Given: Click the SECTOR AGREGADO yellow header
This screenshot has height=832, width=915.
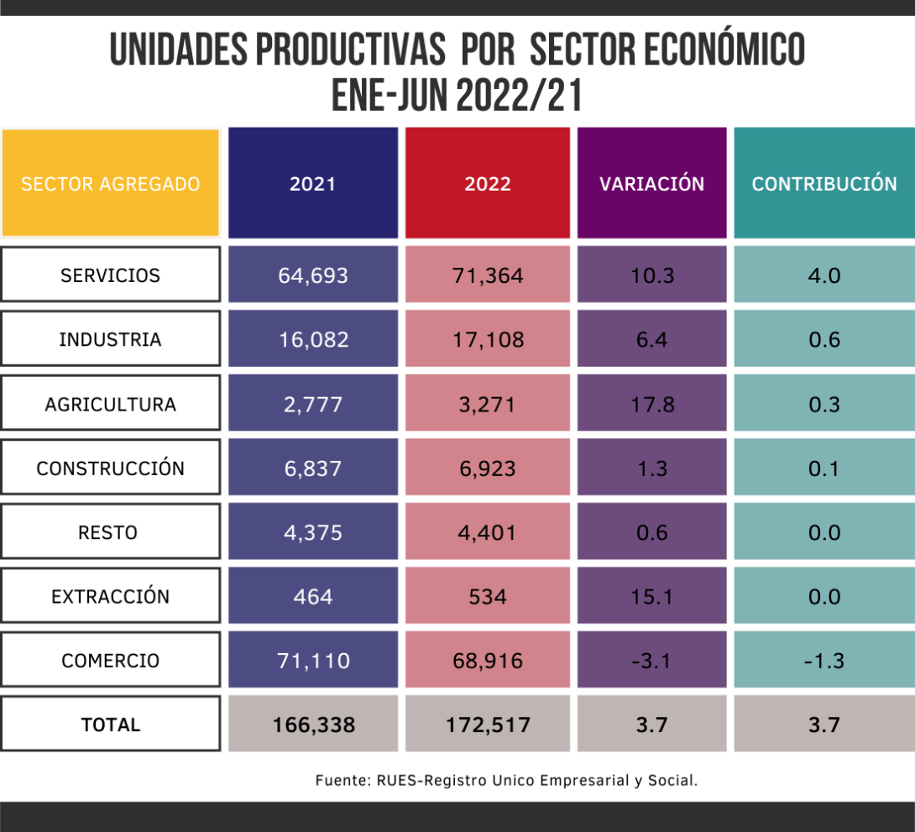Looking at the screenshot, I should tap(110, 183).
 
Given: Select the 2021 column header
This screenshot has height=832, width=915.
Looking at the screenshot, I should tap(312, 183).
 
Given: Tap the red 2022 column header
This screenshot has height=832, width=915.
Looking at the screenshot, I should tap(488, 183).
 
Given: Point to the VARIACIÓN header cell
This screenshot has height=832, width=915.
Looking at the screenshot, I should tap(651, 183).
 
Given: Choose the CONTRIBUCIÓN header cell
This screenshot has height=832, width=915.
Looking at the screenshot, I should tap(823, 183).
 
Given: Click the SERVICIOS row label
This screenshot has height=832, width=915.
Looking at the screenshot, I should tap(110, 275).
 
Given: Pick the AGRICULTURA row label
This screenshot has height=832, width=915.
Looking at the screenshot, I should tap(110, 404).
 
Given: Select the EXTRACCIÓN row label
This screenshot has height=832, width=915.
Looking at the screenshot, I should tap(110, 596).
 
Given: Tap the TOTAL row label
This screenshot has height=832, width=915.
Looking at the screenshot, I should tap(110, 724).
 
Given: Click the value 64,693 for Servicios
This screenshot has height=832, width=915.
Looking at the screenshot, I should tap(312, 275).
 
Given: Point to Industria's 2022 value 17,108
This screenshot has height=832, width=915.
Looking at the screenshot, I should tap(488, 339).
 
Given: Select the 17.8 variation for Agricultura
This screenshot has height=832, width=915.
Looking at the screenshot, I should tap(651, 404).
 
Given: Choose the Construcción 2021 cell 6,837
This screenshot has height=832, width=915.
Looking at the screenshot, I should tap(312, 468).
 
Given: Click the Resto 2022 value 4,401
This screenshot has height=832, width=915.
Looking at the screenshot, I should tap(488, 532).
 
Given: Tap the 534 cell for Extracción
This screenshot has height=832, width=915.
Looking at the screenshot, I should tap(488, 596).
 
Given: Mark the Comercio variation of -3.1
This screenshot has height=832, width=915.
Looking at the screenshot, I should tap(651, 661).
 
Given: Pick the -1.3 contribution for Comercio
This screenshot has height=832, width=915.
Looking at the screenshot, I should tap(823, 661).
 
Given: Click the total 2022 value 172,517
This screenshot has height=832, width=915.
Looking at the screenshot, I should tap(488, 724).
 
